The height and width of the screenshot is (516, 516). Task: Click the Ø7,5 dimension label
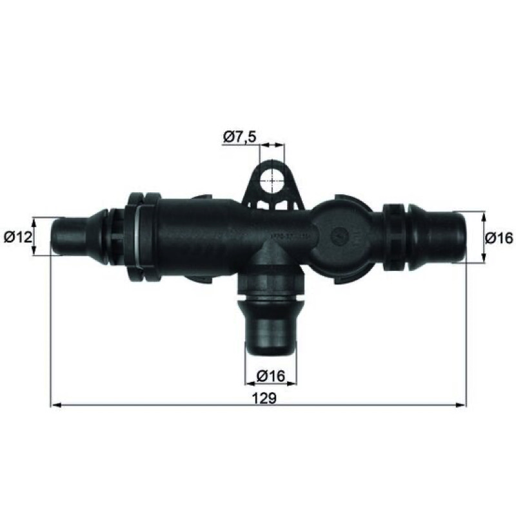pos(239,137)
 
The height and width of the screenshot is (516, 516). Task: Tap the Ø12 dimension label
pos(18,237)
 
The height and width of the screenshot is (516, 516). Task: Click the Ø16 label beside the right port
pos(499,238)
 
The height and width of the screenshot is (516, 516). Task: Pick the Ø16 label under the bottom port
pos(271,376)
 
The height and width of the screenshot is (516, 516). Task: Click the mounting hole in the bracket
pos(272,181)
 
